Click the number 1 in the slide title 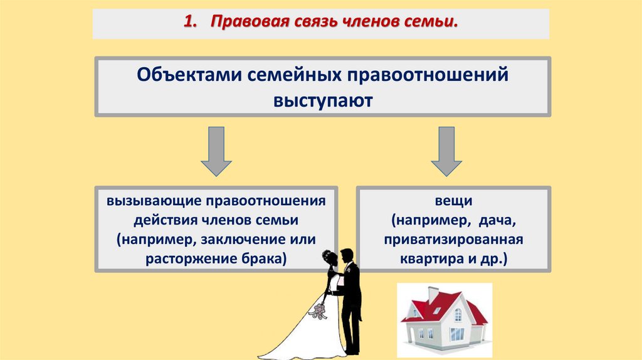click(186, 23)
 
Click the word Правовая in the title click(245, 23)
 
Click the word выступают click(322, 100)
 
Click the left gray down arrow click(216, 150)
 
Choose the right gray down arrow click(446, 150)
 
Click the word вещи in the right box click(453, 202)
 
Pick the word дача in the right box click(498, 221)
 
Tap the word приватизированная click(453, 240)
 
